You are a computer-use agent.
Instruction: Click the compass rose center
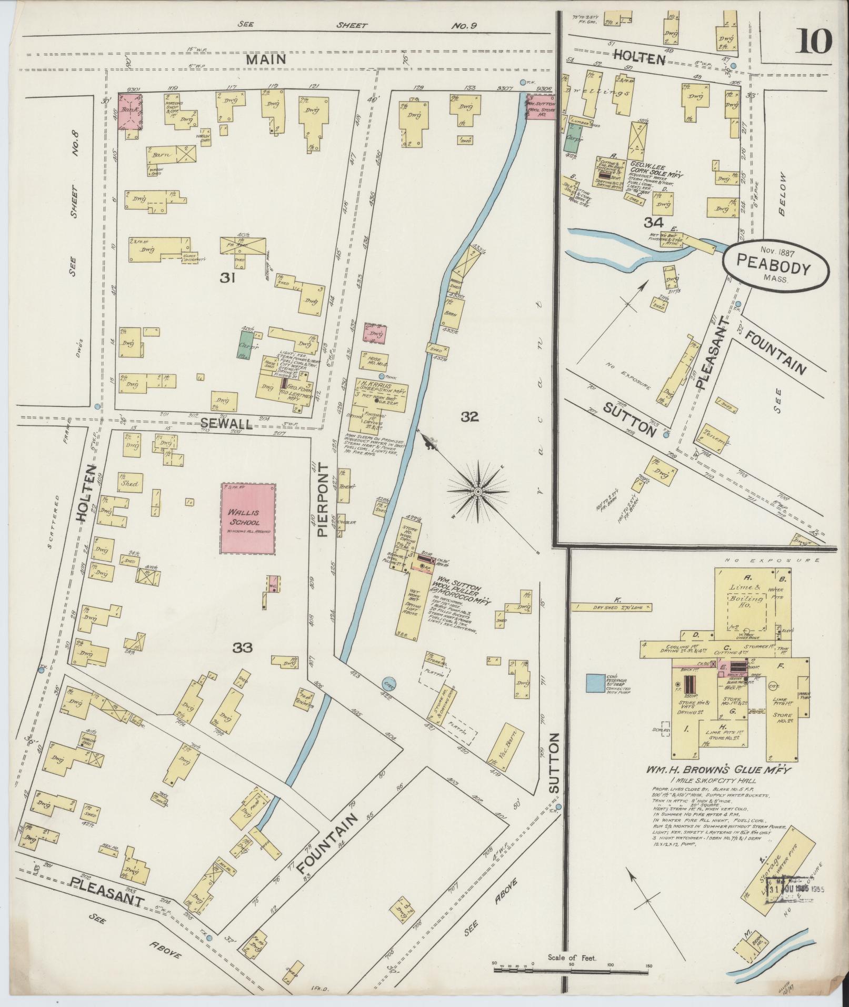[478, 492]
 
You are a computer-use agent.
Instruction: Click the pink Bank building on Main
[131, 112]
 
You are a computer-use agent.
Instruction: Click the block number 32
[470, 417]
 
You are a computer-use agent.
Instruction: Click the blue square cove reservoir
[595, 682]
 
